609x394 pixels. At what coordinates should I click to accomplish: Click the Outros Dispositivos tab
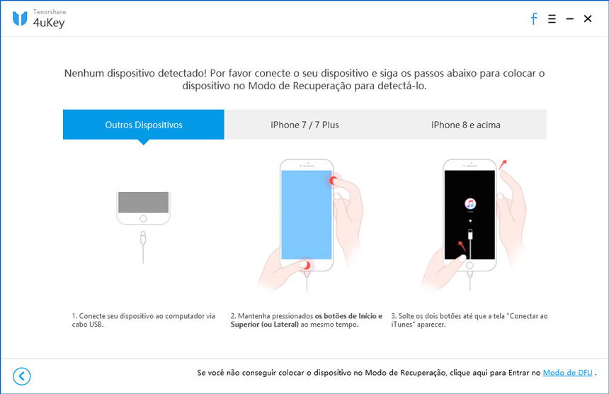144,125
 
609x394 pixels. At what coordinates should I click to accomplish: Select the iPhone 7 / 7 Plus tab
304,125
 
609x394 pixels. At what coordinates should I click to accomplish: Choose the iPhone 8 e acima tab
466,125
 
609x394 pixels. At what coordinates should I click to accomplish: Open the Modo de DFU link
568,372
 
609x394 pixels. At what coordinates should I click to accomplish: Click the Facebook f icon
534,19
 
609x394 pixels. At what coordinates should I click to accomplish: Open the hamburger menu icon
552,19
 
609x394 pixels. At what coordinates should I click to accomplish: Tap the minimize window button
569,19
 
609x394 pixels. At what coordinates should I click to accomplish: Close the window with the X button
588,19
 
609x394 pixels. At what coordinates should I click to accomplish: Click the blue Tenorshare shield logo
20,18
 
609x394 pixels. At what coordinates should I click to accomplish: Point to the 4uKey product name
48,23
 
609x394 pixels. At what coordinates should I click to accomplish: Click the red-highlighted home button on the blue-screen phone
306,264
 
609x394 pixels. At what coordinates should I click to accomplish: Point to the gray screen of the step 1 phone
144,203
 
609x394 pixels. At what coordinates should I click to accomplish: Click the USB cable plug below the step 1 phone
144,235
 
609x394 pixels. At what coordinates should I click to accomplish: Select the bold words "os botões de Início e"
349,316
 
